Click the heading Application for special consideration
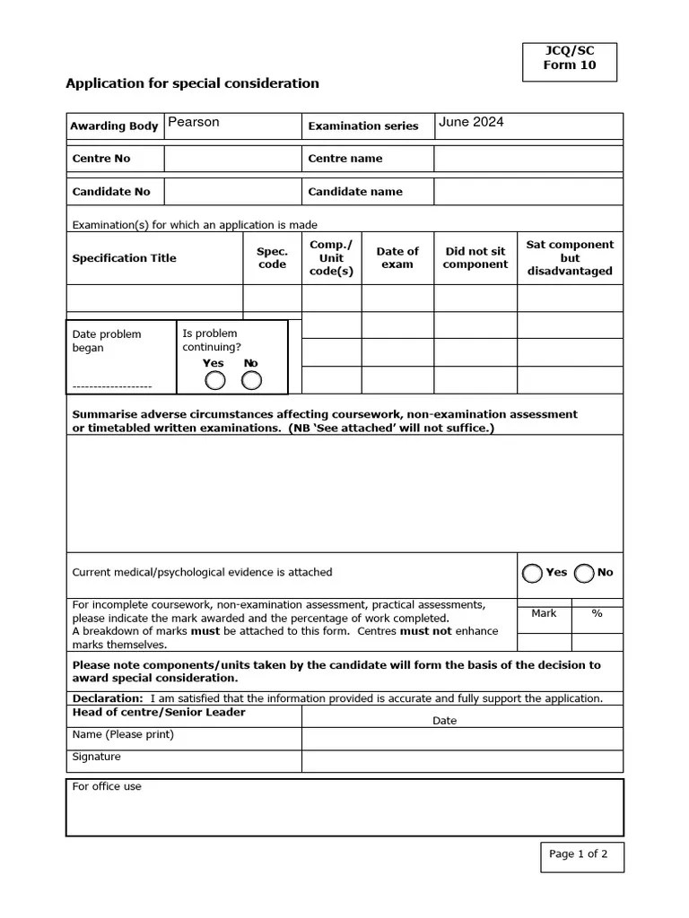(x=192, y=83)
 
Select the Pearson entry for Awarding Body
(x=194, y=123)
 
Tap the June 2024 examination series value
(x=471, y=123)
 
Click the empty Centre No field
(x=232, y=159)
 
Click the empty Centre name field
(x=528, y=159)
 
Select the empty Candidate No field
(x=232, y=192)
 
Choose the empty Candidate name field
(x=528, y=192)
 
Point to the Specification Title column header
(x=124, y=258)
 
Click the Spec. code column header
(x=272, y=258)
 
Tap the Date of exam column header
(x=397, y=258)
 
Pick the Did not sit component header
(x=475, y=258)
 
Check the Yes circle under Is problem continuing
(x=215, y=381)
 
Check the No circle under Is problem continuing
(x=252, y=381)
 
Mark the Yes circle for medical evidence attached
(x=533, y=573)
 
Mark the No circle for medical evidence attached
(x=585, y=573)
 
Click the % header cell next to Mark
(x=597, y=614)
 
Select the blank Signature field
(x=462, y=761)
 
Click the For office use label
(x=107, y=787)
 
